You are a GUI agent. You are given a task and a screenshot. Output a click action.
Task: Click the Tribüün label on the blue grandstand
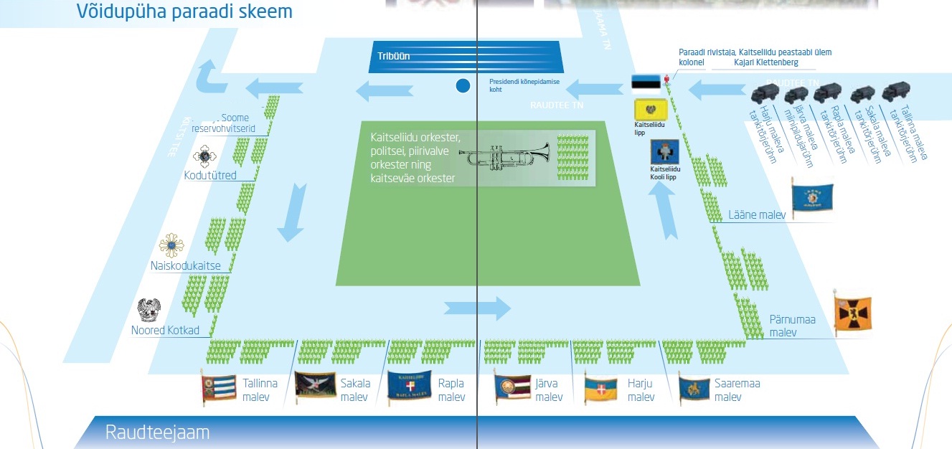pos(394,56)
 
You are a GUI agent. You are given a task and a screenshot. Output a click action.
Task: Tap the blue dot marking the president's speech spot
pos(463,86)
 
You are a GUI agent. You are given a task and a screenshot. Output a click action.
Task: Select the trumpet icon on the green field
pos(504,156)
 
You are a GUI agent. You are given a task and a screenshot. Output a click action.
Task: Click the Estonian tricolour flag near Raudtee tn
pos(646,83)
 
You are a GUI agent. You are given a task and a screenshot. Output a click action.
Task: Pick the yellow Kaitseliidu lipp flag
pos(651,110)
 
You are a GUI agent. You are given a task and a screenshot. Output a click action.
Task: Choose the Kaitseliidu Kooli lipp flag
pos(664,152)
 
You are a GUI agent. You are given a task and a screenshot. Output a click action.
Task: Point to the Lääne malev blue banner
pos(812,194)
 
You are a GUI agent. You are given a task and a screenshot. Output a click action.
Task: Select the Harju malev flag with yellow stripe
pos(600,389)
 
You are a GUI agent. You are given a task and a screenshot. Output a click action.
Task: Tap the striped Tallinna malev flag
pos(218,387)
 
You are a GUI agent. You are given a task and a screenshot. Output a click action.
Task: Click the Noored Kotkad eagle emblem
pos(149,311)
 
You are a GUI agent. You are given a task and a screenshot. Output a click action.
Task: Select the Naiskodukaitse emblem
pos(171,245)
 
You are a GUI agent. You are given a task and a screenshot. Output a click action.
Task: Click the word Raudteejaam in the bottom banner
pos(157,433)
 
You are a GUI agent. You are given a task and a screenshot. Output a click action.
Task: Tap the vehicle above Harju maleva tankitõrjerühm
pos(765,94)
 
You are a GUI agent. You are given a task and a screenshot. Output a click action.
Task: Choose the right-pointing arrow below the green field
pos(477,308)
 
